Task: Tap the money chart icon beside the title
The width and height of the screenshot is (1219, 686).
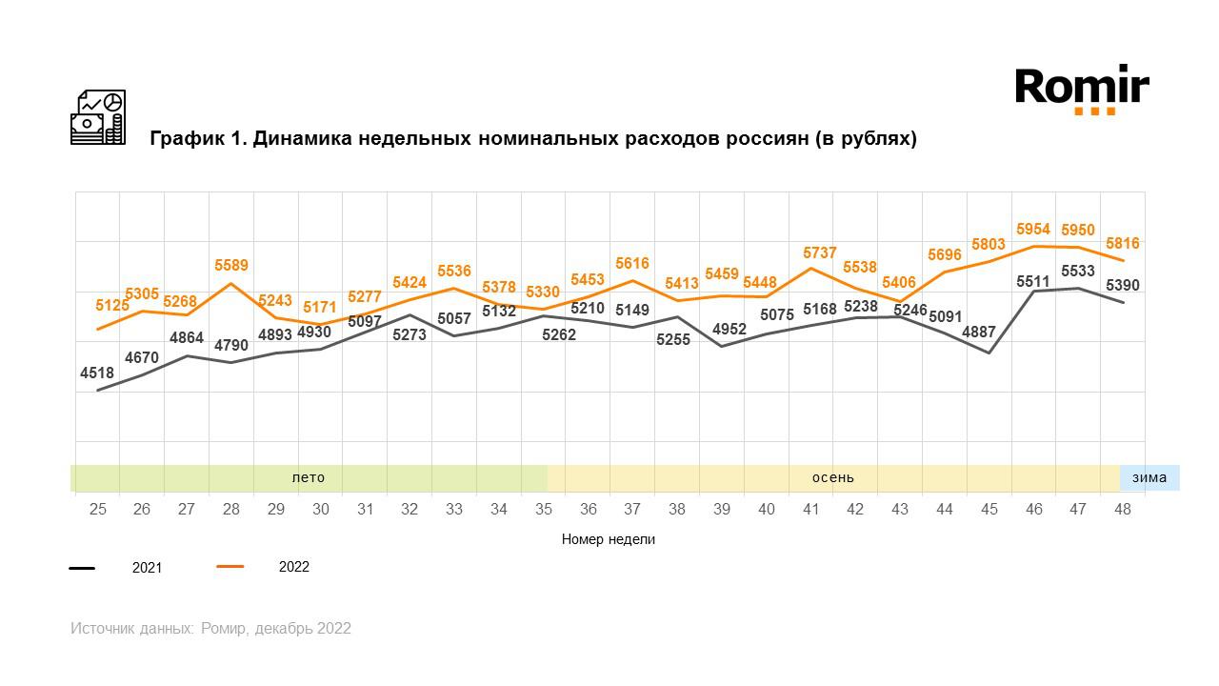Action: [x=98, y=117]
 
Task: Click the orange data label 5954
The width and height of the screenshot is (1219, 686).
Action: [x=1033, y=230]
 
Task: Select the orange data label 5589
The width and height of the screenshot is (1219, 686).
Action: [x=230, y=265]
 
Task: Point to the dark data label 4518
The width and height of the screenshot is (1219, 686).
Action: [x=97, y=373]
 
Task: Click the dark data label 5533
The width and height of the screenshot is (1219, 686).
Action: [x=1078, y=272]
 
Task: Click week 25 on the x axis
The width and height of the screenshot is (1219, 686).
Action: [x=97, y=510]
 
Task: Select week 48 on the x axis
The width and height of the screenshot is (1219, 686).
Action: [x=1123, y=510]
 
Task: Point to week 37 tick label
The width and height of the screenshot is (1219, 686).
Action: [x=632, y=510]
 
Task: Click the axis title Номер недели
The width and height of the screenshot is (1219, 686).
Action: [x=609, y=539]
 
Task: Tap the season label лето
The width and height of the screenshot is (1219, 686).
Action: [x=309, y=477]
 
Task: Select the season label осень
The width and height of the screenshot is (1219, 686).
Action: [x=832, y=477]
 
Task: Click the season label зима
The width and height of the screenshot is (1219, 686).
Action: [x=1149, y=477]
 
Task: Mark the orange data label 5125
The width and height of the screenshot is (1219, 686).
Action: [x=111, y=306]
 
